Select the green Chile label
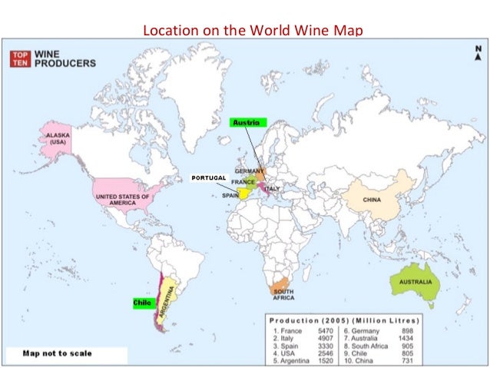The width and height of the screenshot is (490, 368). (x=141, y=303)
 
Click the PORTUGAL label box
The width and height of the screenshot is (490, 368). (x=208, y=177)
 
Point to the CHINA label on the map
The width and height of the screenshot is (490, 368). (x=372, y=200)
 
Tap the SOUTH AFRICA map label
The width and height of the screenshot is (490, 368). (x=283, y=294)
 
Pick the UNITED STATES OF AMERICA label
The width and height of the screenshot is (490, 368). (x=122, y=199)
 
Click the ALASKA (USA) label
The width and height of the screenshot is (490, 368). (x=58, y=138)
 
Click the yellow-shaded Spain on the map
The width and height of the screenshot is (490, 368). (x=242, y=194)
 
